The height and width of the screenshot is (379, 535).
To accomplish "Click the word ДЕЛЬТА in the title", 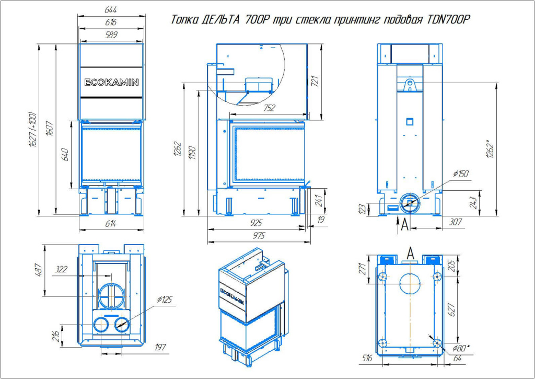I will coord(219,20).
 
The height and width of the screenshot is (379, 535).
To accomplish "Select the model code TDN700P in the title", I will coord(449,20).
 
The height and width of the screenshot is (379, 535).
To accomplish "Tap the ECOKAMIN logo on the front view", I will coord(111,82).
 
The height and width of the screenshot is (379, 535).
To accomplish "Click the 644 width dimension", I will coord(110,10).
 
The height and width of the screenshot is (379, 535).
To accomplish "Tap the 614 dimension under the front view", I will coord(110,224).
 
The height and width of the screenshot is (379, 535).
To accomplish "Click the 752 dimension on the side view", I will coord(270,109).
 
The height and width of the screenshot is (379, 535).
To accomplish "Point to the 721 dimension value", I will coord(315,81).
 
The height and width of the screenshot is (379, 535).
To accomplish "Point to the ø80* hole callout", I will coord(460,347).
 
